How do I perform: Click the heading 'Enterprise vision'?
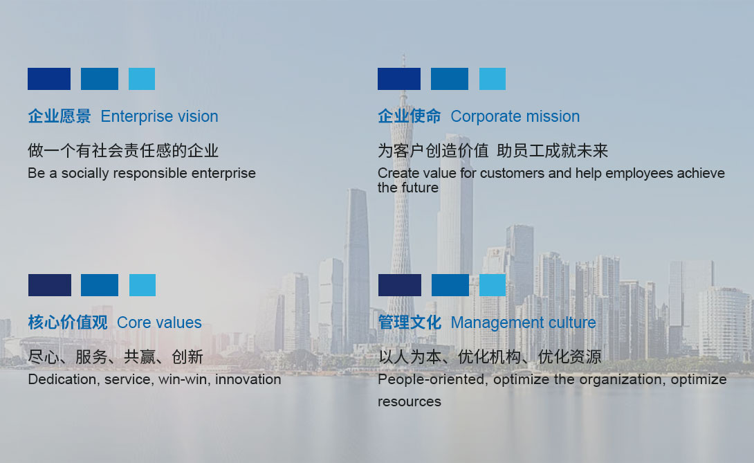(x=159, y=116)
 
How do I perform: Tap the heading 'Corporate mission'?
(x=515, y=116)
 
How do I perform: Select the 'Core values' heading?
(x=159, y=323)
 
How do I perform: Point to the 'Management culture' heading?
(x=523, y=323)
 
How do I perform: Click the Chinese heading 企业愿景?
(x=59, y=116)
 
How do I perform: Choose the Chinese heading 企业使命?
(x=410, y=116)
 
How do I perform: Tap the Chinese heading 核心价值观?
(x=68, y=323)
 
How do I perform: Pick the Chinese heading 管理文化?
(x=410, y=323)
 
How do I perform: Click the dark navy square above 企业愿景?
(x=49, y=79)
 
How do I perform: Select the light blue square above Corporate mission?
(x=493, y=79)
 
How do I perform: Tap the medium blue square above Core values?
(x=100, y=285)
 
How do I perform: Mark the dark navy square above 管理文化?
(x=400, y=285)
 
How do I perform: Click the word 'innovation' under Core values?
(x=248, y=379)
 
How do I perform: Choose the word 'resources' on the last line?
(x=410, y=402)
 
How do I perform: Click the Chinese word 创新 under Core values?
(x=187, y=357)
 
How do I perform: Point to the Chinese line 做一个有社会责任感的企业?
(x=123, y=151)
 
